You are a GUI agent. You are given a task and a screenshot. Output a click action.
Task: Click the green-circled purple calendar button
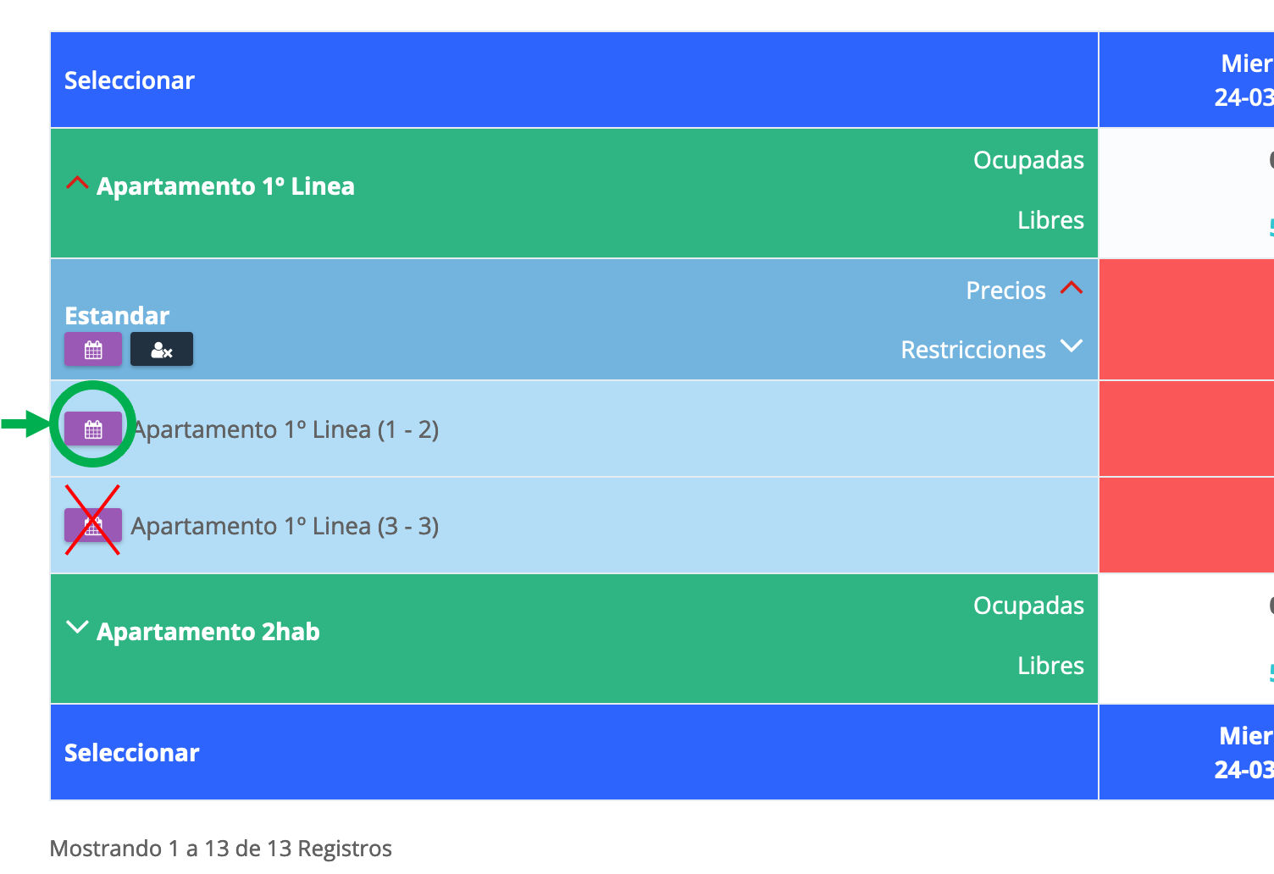tap(93, 429)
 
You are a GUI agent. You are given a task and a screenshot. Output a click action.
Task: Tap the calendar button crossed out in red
tap(93, 526)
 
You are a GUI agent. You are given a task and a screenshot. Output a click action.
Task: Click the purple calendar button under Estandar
tap(93, 350)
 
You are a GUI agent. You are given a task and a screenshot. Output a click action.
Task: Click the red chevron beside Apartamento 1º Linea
tap(77, 183)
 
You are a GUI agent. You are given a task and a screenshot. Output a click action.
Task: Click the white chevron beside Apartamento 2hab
tap(77, 628)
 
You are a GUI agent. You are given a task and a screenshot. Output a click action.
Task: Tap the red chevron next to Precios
tap(1072, 288)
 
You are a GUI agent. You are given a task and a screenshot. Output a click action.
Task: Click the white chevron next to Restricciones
tap(1072, 346)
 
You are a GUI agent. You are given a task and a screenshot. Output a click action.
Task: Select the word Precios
tap(1005, 290)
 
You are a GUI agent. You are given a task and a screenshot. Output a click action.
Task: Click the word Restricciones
tap(972, 350)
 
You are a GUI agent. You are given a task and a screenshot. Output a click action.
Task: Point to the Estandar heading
tap(117, 316)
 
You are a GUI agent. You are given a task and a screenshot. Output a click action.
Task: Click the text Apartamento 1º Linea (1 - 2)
tap(286, 429)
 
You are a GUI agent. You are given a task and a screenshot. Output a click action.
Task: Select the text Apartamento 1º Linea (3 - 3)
tap(285, 526)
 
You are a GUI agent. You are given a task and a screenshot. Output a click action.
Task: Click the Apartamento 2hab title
tap(208, 632)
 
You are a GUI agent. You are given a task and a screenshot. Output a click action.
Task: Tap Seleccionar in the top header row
tap(130, 80)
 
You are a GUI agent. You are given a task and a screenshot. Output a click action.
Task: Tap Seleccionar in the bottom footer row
tap(132, 753)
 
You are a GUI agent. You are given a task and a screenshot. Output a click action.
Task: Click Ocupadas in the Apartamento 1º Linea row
tap(1028, 160)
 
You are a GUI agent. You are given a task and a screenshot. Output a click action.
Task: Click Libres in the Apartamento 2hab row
tap(1050, 666)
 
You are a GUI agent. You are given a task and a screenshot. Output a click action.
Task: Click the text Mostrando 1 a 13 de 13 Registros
tap(221, 849)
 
